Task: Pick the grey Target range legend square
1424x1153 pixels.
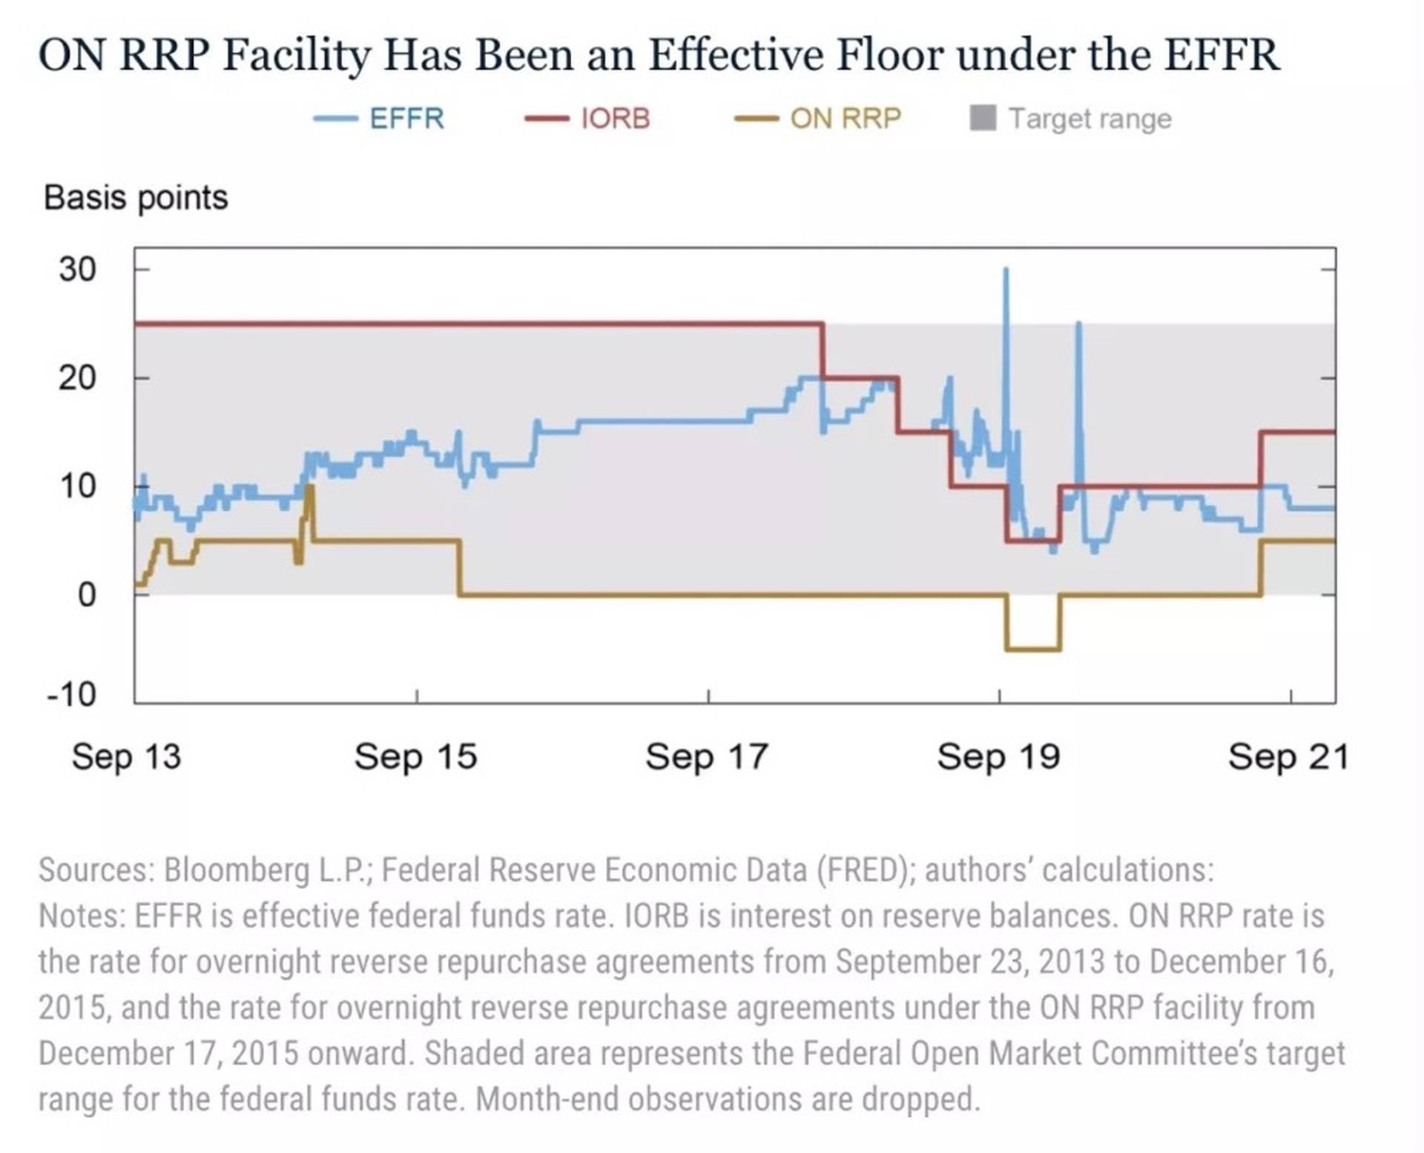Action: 983,118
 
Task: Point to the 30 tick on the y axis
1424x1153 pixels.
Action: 78,269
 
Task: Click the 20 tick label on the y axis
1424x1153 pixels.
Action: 78,378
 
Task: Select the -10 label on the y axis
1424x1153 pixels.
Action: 72,695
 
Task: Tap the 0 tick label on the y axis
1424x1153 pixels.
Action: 87,595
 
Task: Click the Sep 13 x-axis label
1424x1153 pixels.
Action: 126,757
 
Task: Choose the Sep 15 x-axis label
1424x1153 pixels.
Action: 415,757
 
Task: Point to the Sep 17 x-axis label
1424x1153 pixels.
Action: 707,757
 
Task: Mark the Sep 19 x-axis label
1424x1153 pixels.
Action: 998,757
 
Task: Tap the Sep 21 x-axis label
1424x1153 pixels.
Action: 1288,757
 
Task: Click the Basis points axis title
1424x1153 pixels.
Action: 136,198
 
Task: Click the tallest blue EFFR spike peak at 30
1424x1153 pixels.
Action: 1006,270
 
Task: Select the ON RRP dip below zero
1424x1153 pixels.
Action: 1032,649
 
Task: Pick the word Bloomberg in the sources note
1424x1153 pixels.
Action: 236,870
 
